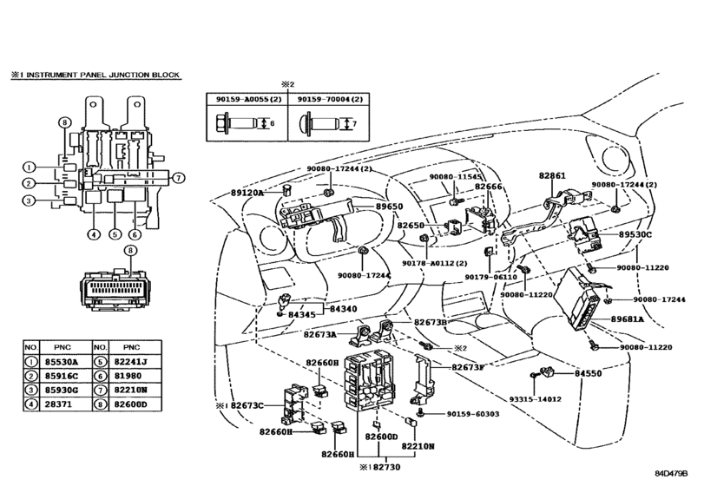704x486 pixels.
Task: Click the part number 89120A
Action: [x=246, y=193]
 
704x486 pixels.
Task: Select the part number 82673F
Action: [x=469, y=367]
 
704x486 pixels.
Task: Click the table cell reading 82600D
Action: [x=134, y=404]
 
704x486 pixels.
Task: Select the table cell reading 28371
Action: [x=62, y=404]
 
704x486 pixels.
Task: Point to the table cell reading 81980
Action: [x=134, y=375]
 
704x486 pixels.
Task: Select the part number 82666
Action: [x=488, y=187]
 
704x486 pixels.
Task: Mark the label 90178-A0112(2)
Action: [x=435, y=263]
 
